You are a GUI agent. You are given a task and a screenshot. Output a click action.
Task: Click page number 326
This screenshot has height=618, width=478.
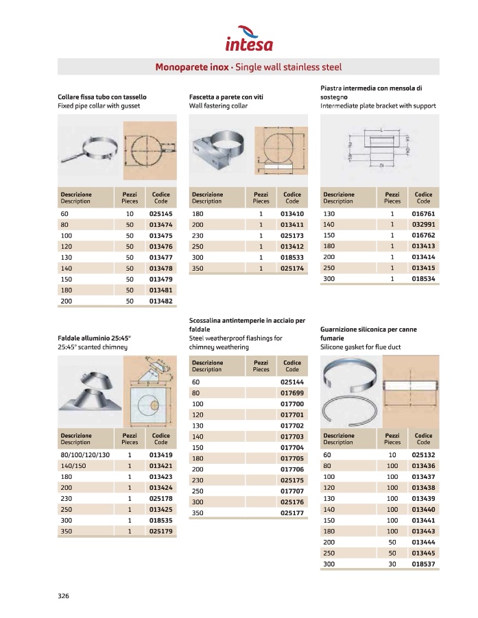(64, 595)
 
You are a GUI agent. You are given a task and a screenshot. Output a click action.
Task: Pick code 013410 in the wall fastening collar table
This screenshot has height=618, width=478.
(291, 214)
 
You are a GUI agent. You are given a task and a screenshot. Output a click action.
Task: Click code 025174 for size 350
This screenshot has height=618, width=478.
(291, 268)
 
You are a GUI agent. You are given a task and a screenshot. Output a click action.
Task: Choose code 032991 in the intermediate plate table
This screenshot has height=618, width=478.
(423, 225)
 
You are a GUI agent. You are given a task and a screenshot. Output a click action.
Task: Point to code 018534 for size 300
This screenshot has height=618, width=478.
(423, 279)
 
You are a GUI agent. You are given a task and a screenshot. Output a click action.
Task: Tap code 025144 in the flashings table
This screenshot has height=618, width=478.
(291, 382)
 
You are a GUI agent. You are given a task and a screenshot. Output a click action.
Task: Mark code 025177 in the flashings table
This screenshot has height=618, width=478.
(291, 512)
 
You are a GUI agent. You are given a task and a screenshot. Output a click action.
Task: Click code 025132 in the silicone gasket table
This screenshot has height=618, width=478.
(423, 455)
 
